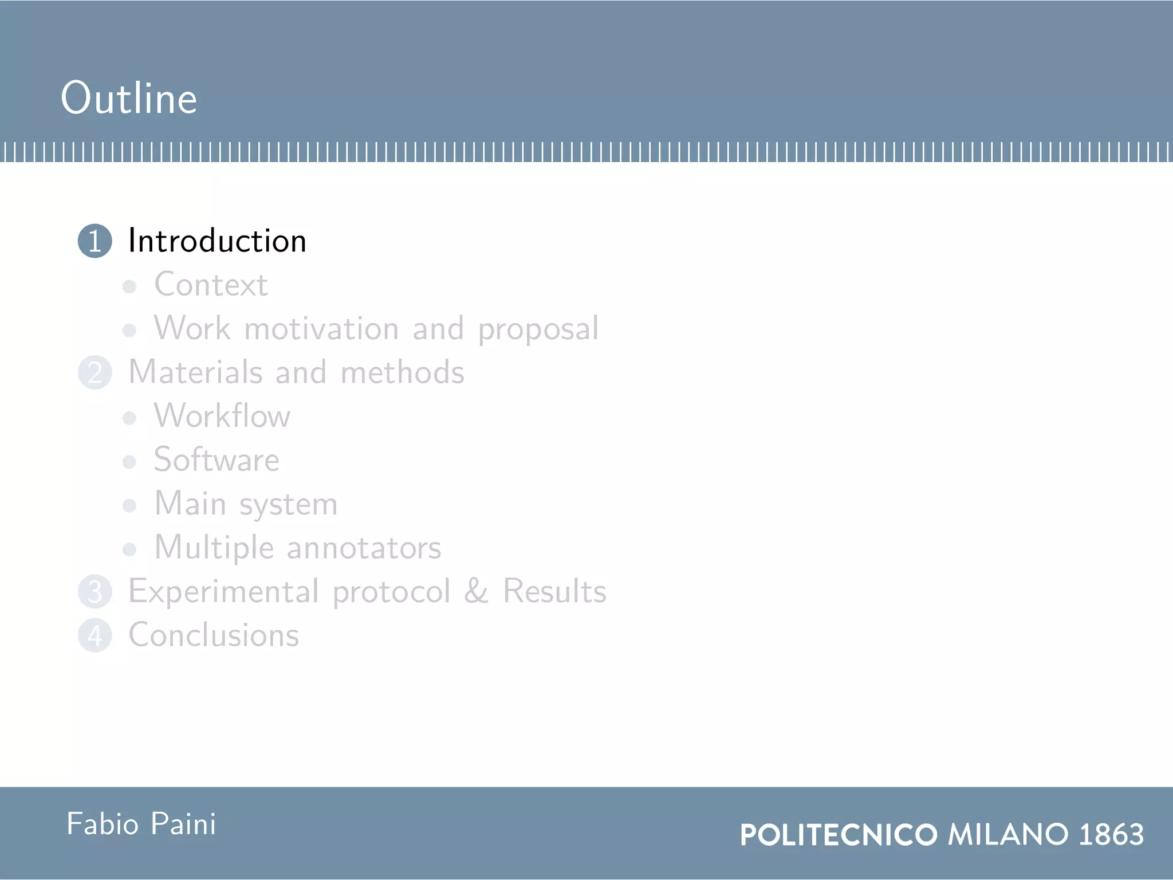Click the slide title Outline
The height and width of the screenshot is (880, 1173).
point(129,98)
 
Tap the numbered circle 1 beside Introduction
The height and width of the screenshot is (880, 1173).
point(95,241)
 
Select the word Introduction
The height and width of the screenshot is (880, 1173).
point(217,241)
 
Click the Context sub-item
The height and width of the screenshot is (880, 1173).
point(211,285)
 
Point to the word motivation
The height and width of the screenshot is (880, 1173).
point(321,329)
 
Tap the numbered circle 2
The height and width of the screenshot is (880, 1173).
point(95,372)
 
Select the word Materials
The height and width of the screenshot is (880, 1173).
point(195,372)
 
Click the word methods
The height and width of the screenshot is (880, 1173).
point(402,372)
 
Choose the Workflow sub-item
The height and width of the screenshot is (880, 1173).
point(222,416)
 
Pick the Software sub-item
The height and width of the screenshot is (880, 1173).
point(217,460)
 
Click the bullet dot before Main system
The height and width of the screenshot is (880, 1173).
point(129,505)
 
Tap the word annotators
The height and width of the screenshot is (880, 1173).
point(364,548)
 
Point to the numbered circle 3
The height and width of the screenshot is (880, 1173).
point(95,592)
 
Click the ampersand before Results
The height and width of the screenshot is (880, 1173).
point(476,591)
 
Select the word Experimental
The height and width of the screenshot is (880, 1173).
point(224,592)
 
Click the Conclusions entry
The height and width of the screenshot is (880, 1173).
point(214,635)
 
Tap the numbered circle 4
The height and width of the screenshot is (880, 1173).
point(95,635)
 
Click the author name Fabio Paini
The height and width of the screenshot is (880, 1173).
point(141,824)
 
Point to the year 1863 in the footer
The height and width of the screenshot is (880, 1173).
point(1111,834)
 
